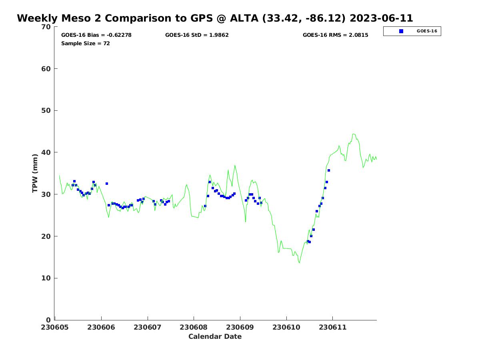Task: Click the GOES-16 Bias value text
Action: [x=96, y=35]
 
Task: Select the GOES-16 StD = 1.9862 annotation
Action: [x=197, y=35]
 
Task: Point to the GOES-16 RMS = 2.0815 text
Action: [x=335, y=35]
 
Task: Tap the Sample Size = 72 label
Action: [x=86, y=44]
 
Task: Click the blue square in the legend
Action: [x=401, y=31]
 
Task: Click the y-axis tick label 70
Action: [x=46, y=27]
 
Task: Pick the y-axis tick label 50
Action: [x=46, y=111]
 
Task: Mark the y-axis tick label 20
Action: [x=46, y=236]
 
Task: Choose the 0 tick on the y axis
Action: [x=48, y=320]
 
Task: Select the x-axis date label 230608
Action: [x=194, y=327]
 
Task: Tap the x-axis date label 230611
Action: [x=332, y=327]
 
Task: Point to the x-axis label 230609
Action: [x=240, y=327]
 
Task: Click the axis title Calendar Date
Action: [x=215, y=336]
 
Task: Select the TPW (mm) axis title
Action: [x=35, y=173]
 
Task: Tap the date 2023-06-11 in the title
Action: [x=381, y=18]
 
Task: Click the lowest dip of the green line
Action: [x=299, y=263]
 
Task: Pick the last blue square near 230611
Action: [x=329, y=170]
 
